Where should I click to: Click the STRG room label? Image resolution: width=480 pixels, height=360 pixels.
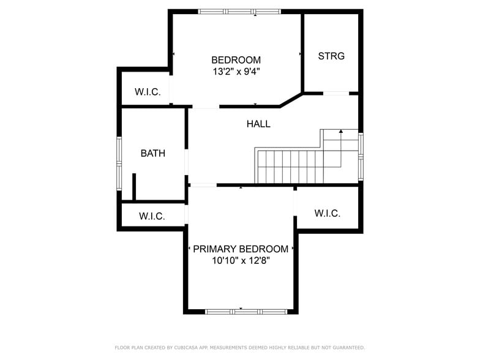click(x=331, y=56)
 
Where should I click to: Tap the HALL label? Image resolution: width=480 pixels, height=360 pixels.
click(x=258, y=124)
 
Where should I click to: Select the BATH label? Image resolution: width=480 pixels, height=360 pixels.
click(x=152, y=153)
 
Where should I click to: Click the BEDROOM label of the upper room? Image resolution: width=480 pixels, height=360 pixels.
click(x=236, y=60)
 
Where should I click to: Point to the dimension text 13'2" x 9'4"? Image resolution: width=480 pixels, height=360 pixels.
click(x=236, y=71)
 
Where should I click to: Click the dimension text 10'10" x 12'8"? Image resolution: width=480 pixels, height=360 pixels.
click(x=241, y=260)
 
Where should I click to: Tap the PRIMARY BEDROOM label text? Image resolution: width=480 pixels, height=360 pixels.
click(x=241, y=249)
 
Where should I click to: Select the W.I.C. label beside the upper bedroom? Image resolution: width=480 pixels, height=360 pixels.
click(x=148, y=92)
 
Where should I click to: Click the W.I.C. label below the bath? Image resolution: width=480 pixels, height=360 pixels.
click(x=152, y=216)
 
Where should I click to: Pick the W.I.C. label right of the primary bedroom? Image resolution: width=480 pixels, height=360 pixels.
click(x=327, y=213)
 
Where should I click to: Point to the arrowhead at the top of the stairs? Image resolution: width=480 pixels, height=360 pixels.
click(x=340, y=131)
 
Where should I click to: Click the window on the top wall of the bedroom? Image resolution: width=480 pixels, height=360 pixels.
click(x=239, y=11)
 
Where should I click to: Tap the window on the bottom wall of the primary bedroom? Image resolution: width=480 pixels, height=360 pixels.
click(x=246, y=311)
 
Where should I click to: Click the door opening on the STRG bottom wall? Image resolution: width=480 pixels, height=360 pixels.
click(x=336, y=93)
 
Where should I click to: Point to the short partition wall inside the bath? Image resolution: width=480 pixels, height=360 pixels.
click(x=134, y=187)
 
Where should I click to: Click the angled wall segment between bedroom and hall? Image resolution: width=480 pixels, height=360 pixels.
click(x=291, y=100)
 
